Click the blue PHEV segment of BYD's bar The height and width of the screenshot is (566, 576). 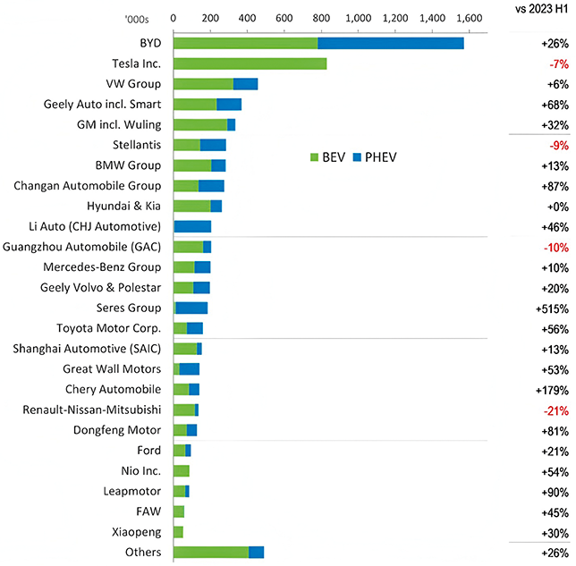click(391, 44)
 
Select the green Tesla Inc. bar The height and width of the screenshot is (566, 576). click(250, 63)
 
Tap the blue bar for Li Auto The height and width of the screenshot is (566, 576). click(192, 226)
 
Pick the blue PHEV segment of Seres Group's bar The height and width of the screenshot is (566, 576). click(191, 308)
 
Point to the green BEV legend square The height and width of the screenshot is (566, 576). click(314, 157)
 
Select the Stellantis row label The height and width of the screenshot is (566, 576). click(134, 145)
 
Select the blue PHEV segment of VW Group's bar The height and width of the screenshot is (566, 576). click(245, 84)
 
